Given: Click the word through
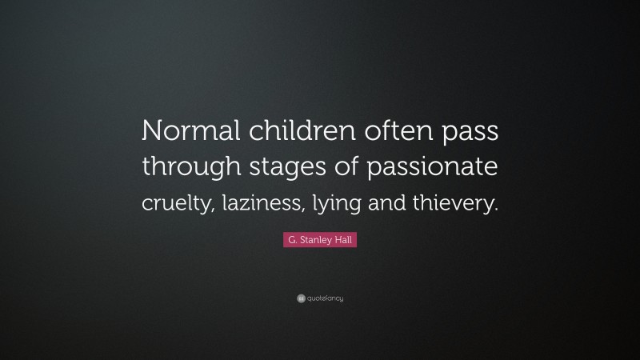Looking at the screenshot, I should pos(190,170).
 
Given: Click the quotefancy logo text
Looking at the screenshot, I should pos(325,299).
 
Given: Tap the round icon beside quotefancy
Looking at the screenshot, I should pos(301,299).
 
